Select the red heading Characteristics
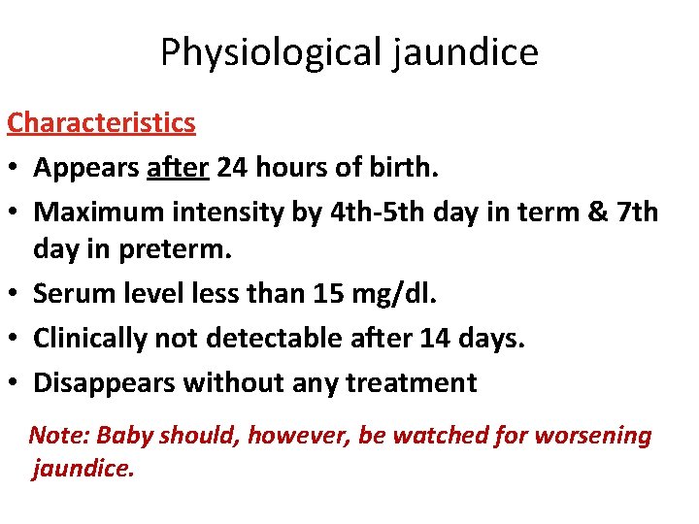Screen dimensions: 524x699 (101, 123)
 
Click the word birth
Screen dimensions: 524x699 (406, 168)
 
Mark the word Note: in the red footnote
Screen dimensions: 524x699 (54, 436)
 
